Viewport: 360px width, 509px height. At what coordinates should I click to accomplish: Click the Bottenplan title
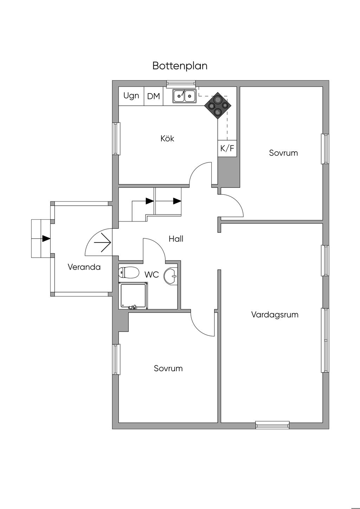tap(180, 66)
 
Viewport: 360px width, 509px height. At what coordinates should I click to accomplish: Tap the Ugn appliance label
tap(131, 96)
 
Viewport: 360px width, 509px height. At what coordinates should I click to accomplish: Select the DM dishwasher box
tap(154, 96)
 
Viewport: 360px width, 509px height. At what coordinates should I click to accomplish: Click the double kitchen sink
tap(184, 96)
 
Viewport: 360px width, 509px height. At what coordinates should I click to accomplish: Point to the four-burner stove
tap(218, 106)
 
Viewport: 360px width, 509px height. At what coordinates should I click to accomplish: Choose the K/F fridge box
tap(227, 148)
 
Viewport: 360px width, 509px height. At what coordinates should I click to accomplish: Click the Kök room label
tap(167, 138)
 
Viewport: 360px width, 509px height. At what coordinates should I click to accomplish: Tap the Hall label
tap(176, 239)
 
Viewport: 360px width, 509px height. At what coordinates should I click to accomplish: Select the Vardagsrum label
tap(275, 315)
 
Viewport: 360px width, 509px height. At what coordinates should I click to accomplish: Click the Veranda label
tap(84, 267)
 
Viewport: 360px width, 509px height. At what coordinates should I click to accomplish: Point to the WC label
tap(152, 275)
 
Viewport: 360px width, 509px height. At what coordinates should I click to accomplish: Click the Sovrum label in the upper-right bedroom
tap(283, 153)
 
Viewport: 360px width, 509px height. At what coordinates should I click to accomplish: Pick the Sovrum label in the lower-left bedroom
tap(168, 368)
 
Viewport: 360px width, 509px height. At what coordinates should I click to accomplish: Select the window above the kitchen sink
tap(181, 83)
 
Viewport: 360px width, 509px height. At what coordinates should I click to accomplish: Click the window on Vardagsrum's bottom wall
tap(272, 425)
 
